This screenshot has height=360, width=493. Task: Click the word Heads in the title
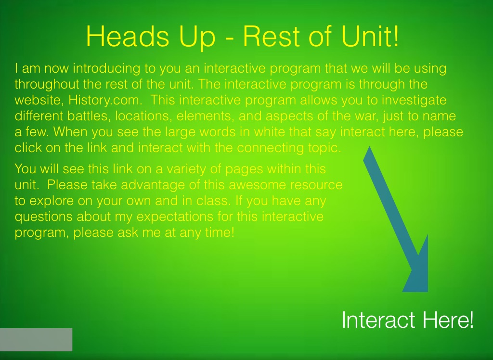[128, 36]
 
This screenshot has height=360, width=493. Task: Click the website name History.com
[104, 100]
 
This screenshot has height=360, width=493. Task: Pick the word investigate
[415, 100]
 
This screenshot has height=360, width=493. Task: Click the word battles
[89, 116]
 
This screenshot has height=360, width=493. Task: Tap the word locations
[143, 116]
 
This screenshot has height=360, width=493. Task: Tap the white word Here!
[448, 320]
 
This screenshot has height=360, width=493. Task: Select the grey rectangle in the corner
[36, 340]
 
